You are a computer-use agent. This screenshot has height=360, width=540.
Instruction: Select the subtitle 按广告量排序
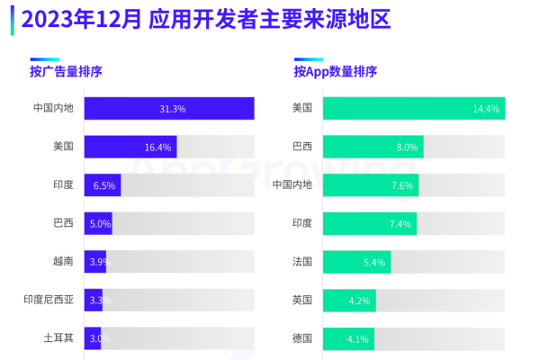[67, 72]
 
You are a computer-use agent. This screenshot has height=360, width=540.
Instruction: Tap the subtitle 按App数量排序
[335, 72]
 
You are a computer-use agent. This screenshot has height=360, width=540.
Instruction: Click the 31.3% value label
[173, 109]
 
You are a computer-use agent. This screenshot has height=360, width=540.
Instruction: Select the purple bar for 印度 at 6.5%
[102, 185]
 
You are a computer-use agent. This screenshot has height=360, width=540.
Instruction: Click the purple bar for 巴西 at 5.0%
[98, 223]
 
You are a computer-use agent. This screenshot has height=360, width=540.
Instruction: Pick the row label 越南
[63, 262]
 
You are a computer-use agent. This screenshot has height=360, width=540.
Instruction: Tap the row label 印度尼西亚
[52, 300]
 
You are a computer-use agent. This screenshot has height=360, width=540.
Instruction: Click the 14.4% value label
[486, 109]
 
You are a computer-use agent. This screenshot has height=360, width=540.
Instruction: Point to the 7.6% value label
[401, 185]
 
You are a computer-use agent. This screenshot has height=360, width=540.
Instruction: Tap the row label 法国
[301, 262]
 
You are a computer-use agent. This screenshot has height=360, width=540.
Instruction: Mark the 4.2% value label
[360, 300]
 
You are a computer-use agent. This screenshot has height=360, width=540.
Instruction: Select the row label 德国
[301, 338]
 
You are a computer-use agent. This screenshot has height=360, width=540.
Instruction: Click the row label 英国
[301, 300]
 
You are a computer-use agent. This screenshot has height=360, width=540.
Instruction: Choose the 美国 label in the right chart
[301, 109]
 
